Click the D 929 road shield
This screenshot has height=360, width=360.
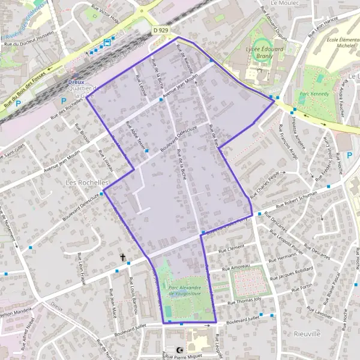tap(160, 29)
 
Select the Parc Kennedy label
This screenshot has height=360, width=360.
tap(314, 94)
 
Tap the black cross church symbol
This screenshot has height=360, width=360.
tap(124, 257)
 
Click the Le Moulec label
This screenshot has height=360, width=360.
tap(285, 3)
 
